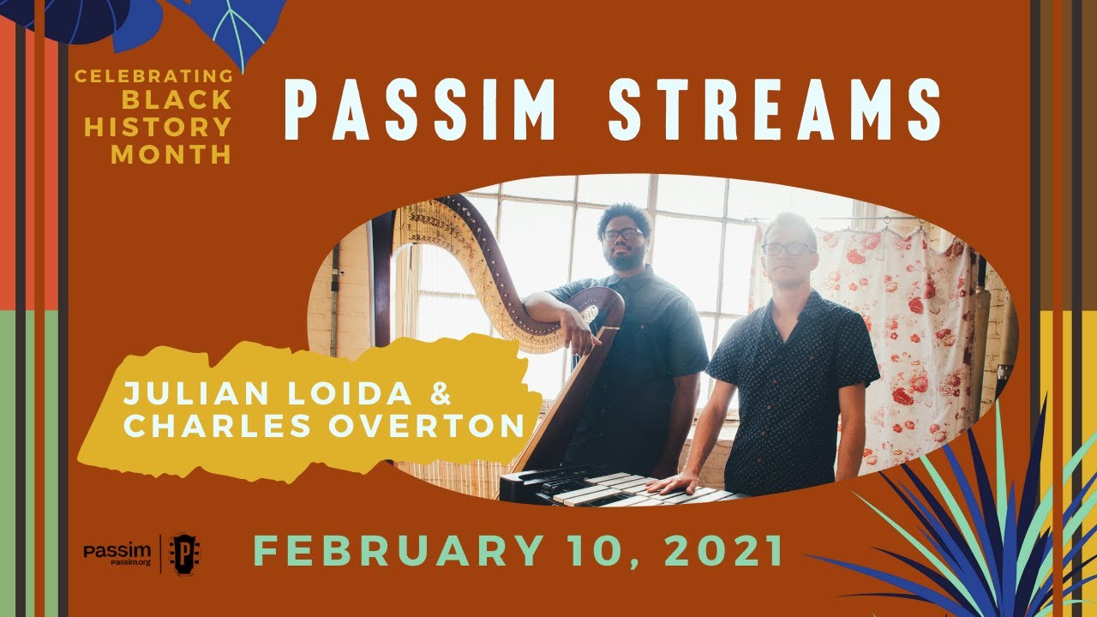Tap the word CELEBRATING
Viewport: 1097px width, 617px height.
click(153, 76)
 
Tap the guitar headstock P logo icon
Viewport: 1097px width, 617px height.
click(183, 553)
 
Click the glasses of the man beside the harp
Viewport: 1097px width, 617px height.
click(622, 233)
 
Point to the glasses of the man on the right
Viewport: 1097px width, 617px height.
click(787, 249)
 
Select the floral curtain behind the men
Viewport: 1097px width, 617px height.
click(908, 334)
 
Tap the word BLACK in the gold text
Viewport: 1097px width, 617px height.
click(177, 100)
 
